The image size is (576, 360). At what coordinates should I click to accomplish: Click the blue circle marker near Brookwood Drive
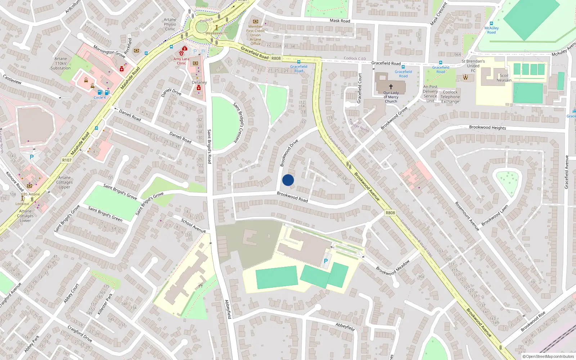(x=288, y=180)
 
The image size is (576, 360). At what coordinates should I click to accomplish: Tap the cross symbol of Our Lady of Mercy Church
(x=391, y=87)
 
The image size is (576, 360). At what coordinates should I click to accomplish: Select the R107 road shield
(x=67, y=160)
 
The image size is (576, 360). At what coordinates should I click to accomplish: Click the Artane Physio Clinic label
(x=170, y=24)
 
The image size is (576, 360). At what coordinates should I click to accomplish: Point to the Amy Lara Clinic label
(x=181, y=61)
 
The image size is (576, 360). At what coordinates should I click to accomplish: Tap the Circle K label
(x=100, y=98)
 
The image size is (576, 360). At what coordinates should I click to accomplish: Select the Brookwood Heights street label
(x=487, y=127)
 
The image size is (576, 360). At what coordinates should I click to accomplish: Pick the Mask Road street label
(x=340, y=21)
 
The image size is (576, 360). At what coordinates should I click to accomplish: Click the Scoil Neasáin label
(x=504, y=78)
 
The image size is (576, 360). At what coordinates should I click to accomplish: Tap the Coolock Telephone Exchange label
(x=450, y=97)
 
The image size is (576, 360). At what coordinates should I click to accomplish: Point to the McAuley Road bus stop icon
(x=491, y=23)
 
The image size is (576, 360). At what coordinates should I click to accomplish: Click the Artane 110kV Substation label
(x=60, y=63)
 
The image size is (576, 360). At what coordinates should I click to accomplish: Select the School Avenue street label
(x=193, y=225)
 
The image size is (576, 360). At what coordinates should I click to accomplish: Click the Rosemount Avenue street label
(x=467, y=216)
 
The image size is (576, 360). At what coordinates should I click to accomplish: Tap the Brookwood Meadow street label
(x=393, y=267)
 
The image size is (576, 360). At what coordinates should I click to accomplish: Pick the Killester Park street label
(x=105, y=304)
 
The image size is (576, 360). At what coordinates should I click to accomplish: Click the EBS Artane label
(x=31, y=194)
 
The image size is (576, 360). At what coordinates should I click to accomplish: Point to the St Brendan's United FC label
(x=473, y=66)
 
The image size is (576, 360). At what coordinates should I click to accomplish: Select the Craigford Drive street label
(x=80, y=334)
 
